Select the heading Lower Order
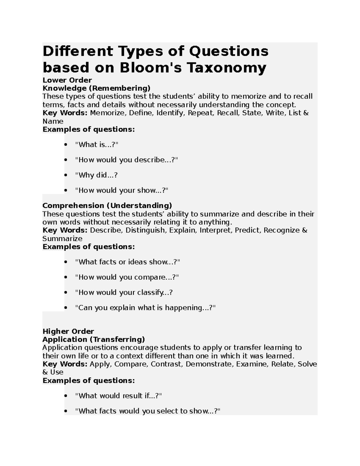click(x=67, y=80)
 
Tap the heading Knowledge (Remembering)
click(x=96, y=88)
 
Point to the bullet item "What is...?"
click(x=97, y=145)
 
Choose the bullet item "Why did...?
click(x=96, y=175)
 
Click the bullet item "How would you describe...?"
click(x=126, y=160)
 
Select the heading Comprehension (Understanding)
click(x=107, y=206)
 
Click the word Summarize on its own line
click(x=62, y=239)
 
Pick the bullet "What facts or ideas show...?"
click(x=127, y=262)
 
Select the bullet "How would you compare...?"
click(x=127, y=277)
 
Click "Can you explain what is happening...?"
click(x=145, y=308)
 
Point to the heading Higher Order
click(x=68, y=331)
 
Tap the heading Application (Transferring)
click(x=94, y=339)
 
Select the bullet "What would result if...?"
click(x=118, y=396)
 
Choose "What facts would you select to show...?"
click(x=148, y=411)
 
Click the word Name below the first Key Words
click(x=53, y=121)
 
